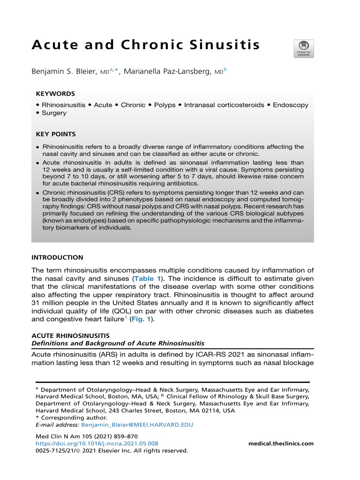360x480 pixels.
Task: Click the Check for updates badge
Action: tap(304, 49)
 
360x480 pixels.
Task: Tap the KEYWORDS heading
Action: tap(55, 94)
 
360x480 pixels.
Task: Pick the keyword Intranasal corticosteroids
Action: tap(224, 105)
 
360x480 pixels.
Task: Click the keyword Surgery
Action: tap(54, 113)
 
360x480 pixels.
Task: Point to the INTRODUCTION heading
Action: tap(57, 257)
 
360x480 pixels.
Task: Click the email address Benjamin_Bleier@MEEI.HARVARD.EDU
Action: tap(137, 425)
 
